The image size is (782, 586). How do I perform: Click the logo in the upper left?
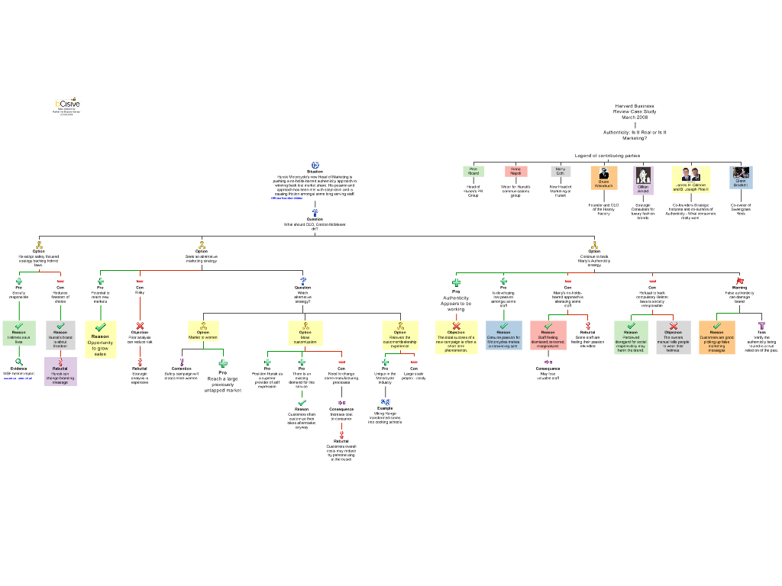[67, 101]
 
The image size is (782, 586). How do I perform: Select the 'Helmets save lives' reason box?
[19, 333]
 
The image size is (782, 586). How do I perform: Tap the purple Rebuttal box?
[60, 372]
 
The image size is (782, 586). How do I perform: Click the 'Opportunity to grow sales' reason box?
[100, 340]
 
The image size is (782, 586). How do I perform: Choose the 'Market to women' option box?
[203, 331]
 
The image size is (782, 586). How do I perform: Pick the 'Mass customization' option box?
[305, 333]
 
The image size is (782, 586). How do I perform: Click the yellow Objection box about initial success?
[456, 337]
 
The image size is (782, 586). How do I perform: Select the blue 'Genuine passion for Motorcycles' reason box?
[503, 335]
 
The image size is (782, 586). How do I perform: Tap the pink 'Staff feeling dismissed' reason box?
[548, 335]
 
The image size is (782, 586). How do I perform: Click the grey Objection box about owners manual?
[673, 337]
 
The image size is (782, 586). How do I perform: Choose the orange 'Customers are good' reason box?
[716, 337]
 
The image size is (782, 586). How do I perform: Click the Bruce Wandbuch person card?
[603, 178]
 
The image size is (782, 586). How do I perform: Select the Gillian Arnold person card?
[643, 180]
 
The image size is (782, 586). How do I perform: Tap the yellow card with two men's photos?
[691, 179]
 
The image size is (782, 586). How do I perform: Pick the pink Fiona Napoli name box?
[515, 171]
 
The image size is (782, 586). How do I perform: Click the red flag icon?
[739, 282]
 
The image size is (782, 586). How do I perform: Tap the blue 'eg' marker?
[386, 401]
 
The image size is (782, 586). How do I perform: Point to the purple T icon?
[761, 326]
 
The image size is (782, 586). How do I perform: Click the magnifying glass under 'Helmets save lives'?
[19, 362]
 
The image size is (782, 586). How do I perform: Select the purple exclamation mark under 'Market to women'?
[182, 362]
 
